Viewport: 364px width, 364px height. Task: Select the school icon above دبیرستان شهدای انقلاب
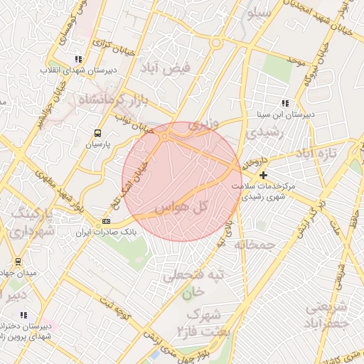(x=77, y=60)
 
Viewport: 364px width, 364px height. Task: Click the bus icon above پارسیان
(x=97, y=132)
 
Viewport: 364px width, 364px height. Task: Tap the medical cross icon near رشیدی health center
(x=264, y=175)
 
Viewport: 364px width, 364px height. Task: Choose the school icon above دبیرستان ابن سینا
(x=285, y=102)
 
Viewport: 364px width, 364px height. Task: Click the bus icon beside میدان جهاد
(x=18, y=261)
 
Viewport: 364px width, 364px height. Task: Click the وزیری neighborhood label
(x=199, y=125)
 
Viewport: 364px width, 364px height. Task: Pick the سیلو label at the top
(x=259, y=13)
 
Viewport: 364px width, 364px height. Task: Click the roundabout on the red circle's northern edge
(x=165, y=135)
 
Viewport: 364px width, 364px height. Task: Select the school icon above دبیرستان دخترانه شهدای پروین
(x=23, y=315)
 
